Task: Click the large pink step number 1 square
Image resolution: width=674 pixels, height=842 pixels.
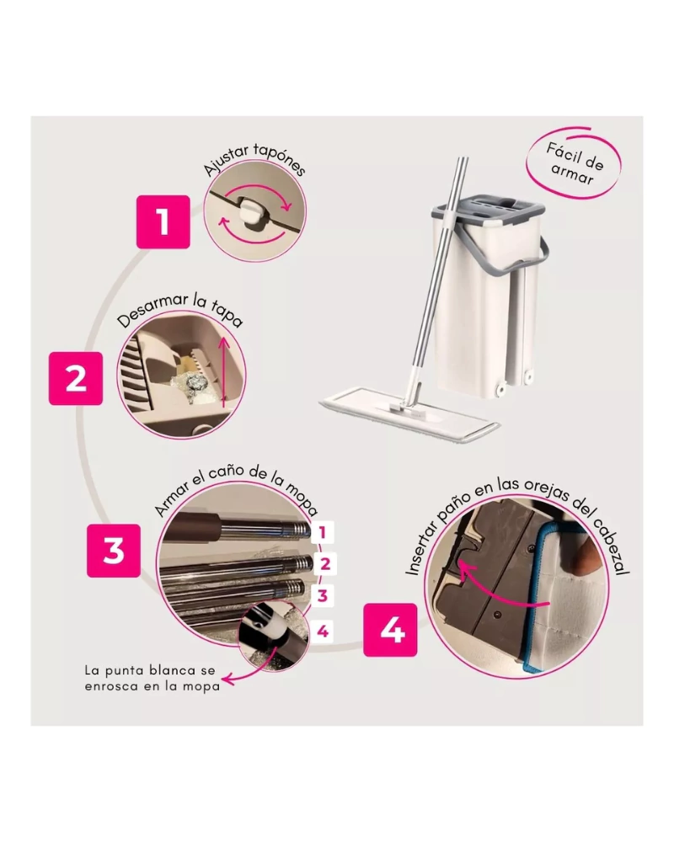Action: coord(163,221)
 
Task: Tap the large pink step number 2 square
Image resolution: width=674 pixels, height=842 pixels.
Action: coord(76,379)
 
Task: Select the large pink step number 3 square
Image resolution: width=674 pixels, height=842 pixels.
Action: coord(114,551)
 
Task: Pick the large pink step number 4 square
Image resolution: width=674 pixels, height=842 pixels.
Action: coord(390,630)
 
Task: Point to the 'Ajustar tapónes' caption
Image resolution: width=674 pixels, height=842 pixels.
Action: coord(254,159)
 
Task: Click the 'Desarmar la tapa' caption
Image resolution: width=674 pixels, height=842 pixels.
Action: coord(180,310)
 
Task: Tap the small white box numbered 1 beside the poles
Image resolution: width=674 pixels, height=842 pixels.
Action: coord(323,533)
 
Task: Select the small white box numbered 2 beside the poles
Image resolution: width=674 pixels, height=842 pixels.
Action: coord(324,564)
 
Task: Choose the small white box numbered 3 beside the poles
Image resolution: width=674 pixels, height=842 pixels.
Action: coord(323,595)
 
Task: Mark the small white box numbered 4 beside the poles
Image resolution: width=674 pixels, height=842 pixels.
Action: coord(323,631)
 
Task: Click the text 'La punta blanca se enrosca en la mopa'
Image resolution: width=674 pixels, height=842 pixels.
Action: coord(152,678)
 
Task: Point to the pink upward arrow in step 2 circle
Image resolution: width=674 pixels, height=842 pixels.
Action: coord(224,370)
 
